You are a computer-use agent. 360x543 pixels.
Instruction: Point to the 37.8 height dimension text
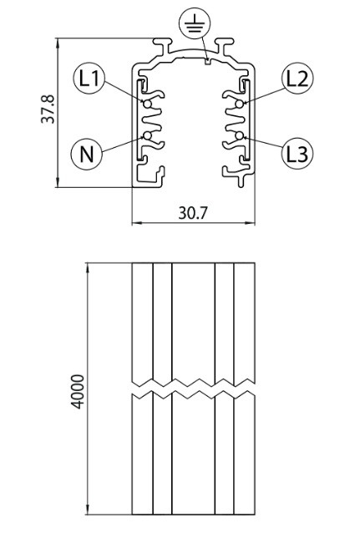point(48,109)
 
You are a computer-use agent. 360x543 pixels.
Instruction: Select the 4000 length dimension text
point(78,392)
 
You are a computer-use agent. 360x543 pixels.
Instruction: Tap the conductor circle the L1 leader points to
point(148,104)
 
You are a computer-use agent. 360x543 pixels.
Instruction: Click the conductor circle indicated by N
point(148,135)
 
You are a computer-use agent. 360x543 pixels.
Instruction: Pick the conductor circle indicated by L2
point(239,104)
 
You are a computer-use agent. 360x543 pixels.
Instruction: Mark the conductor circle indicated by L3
point(239,135)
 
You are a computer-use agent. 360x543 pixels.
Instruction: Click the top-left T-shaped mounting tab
point(163,46)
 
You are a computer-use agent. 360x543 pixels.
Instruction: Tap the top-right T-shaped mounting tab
point(225,46)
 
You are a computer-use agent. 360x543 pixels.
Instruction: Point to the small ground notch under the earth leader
point(207,62)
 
